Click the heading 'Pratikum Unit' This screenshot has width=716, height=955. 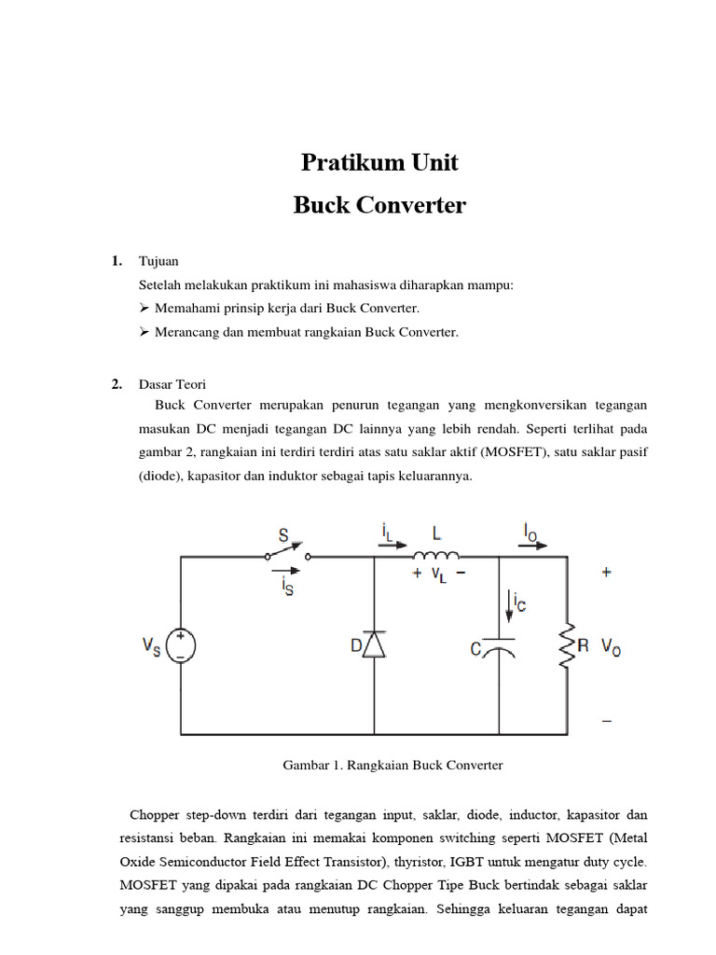379,163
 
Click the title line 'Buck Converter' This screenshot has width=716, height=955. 379,205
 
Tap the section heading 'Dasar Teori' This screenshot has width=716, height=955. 172,383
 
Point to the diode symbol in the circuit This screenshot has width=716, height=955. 373,644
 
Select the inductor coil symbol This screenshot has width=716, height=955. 435,557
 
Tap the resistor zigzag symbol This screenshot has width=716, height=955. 566,645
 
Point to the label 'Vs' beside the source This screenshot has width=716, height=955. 151,644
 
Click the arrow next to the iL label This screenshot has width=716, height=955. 394,547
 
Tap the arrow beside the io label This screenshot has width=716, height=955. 536,547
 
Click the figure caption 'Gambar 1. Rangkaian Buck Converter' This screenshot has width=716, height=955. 392,765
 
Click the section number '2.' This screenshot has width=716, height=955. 117,383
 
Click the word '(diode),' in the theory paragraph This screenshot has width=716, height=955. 163,476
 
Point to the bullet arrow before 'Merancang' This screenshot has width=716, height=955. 145,331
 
